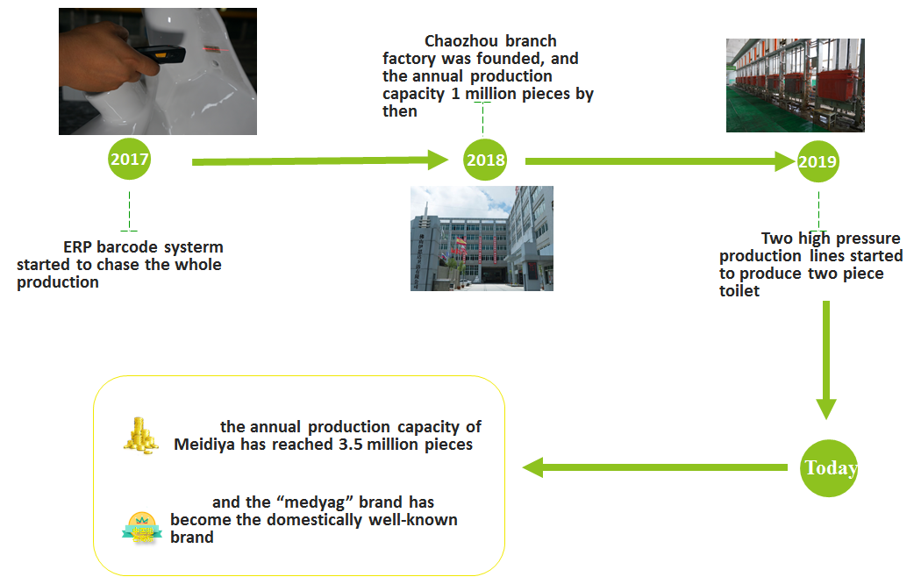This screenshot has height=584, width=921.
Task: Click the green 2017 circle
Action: point(129,160)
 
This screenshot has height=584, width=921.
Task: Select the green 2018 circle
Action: point(486,160)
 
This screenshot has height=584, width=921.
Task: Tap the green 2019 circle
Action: point(817,161)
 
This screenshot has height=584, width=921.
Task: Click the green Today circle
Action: point(830,467)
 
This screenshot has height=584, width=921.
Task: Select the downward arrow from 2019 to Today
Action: point(825,360)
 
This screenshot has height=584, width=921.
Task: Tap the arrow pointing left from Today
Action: point(654,468)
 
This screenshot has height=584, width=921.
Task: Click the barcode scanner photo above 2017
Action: point(158,71)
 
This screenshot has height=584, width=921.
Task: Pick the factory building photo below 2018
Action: point(482,238)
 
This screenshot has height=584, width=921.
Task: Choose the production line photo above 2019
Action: point(796,85)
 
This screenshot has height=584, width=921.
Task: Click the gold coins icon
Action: point(140,435)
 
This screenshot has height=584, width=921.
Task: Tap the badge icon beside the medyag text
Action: point(140,527)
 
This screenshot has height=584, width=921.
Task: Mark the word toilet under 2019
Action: point(739,291)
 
